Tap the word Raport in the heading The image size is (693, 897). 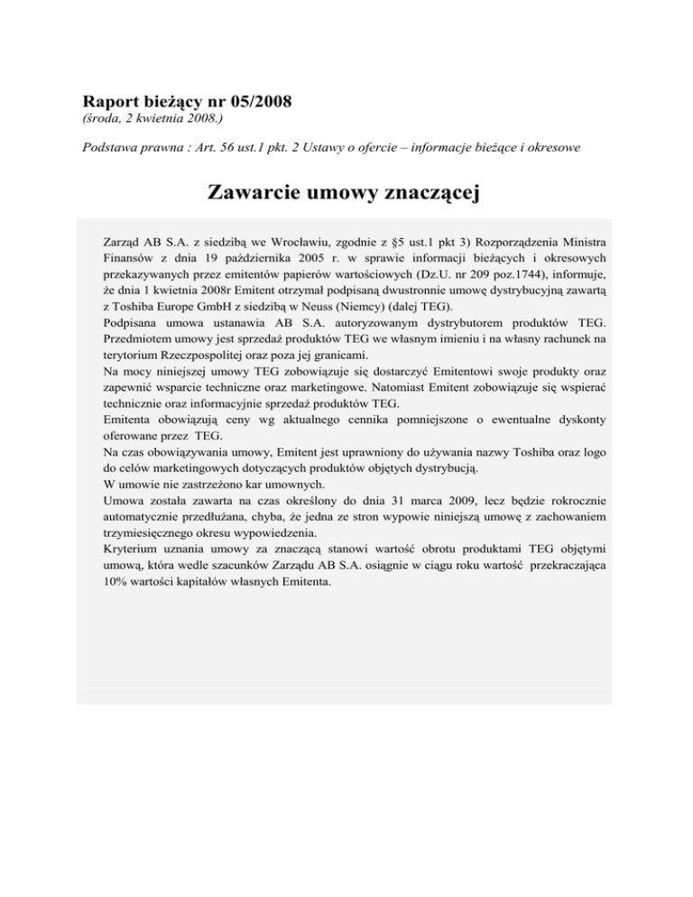pos(112,101)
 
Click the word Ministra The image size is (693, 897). pos(567,244)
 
